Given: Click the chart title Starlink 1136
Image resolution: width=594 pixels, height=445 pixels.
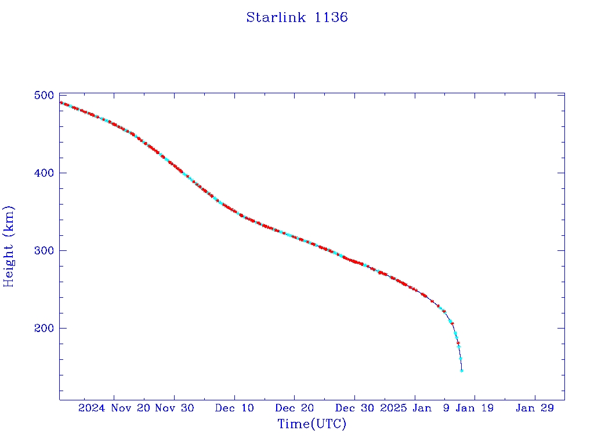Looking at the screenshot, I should tap(297, 17).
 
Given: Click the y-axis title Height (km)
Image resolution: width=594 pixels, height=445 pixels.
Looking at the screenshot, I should tap(9, 246).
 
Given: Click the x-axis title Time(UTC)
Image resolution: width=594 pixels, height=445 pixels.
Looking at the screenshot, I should tap(312, 424).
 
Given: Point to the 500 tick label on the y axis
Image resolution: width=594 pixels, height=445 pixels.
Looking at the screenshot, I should tap(44, 95).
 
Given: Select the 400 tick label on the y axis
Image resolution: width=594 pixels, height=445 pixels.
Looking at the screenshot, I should tap(44, 173).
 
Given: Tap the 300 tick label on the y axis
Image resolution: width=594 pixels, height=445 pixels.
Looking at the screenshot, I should tap(44, 250).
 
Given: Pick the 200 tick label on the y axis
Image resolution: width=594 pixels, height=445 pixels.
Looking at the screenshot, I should tap(44, 328).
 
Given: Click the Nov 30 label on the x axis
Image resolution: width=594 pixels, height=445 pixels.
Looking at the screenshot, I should tap(174, 408).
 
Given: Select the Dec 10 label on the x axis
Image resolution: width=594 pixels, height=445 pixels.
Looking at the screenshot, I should tap(234, 408).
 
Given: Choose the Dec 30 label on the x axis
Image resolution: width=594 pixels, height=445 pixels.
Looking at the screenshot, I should tap(354, 408).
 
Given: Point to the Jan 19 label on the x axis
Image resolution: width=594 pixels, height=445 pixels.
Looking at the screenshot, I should tap(475, 408).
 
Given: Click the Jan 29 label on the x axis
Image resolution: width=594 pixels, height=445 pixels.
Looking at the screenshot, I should tap(535, 408).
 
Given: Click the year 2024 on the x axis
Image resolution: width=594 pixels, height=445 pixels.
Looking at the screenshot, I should tap(92, 408).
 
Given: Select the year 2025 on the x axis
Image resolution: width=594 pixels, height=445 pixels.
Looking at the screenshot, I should tap(393, 408).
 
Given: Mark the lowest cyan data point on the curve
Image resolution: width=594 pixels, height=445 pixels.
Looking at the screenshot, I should tap(462, 370).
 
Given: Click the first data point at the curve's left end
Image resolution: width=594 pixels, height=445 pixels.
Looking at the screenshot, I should tap(61, 103).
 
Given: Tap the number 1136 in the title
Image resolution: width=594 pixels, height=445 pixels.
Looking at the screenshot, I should tap(331, 17).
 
